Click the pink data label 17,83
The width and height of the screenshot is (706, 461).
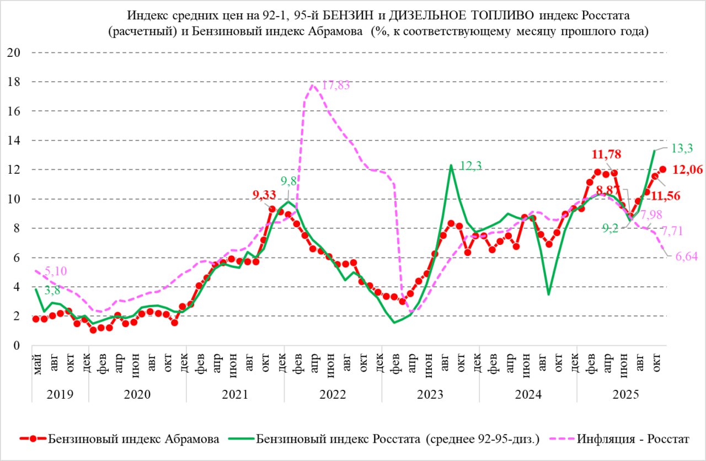pyautogui.click(x=336, y=85)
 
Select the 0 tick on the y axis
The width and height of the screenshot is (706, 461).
pyautogui.click(x=17, y=346)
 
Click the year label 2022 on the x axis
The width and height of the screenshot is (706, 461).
pyautogui.click(x=333, y=395)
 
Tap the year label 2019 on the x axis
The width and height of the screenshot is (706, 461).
pyautogui.click(x=60, y=395)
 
